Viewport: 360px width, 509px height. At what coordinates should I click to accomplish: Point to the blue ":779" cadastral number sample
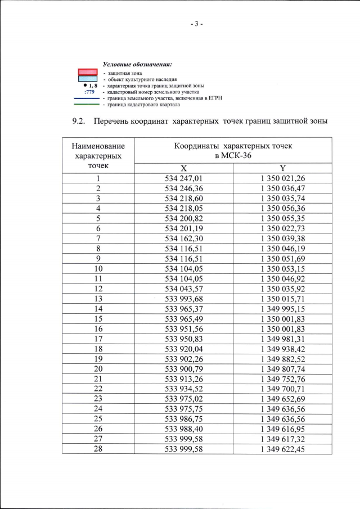pos(89,92)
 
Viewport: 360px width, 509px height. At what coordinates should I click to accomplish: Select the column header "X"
pos(183,169)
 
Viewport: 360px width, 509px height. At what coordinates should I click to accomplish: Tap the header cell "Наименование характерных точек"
pos(98,155)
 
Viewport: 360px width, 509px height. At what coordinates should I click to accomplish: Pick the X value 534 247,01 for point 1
pos(183,179)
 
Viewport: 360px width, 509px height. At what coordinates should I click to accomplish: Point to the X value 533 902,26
pos(183,359)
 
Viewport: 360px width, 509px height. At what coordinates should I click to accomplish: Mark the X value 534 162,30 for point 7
pos(183,239)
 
